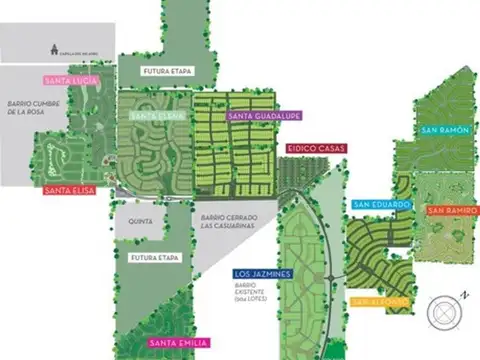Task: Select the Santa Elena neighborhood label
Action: pyautogui.click(x=153, y=116)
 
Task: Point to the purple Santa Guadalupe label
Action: pyautogui.click(x=264, y=116)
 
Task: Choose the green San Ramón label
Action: pyautogui.click(x=444, y=131)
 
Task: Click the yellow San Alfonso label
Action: pyautogui.click(x=380, y=300)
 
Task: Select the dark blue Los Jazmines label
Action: pyautogui.click(x=261, y=272)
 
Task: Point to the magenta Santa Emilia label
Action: pyautogui.click(x=178, y=344)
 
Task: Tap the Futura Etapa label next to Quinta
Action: pyautogui.click(x=155, y=258)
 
